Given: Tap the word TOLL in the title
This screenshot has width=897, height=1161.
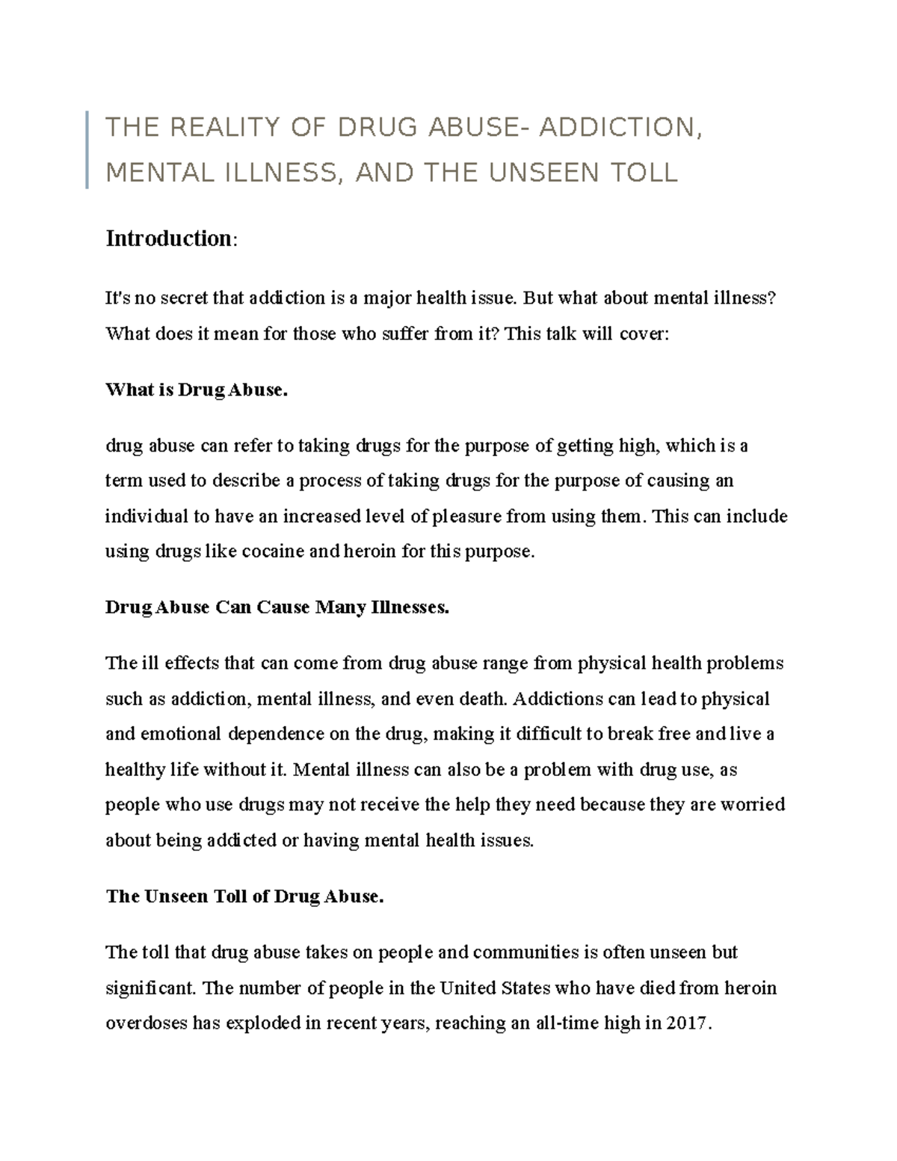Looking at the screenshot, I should (x=644, y=173).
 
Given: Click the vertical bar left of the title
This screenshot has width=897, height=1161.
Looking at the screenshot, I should (x=87, y=150).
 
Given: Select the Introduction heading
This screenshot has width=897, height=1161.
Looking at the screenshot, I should (x=169, y=238).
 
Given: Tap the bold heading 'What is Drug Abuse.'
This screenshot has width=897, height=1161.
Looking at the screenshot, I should (x=197, y=390).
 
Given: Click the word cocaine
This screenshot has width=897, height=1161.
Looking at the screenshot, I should (x=272, y=552).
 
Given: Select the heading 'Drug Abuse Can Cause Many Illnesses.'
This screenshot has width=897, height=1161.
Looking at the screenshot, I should (x=277, y=607).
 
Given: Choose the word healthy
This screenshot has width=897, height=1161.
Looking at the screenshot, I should (x=130, y=770).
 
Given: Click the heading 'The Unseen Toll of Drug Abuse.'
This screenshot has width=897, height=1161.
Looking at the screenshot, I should (x=244, y=896).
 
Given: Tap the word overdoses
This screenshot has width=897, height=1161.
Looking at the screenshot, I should (x=147, y=1023).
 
